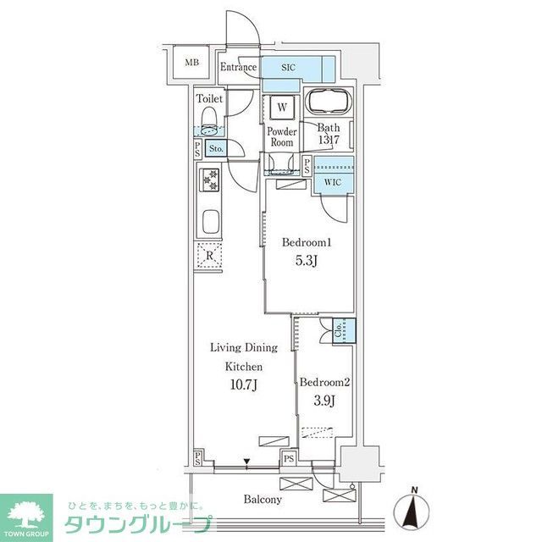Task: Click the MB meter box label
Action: (192, 63)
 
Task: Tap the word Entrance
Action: (239, 68)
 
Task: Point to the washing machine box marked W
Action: (281, 108)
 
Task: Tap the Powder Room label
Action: (282, 137)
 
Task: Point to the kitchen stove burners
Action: (208, 180)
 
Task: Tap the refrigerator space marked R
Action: (207, 255)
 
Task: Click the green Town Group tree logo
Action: (25, 512)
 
